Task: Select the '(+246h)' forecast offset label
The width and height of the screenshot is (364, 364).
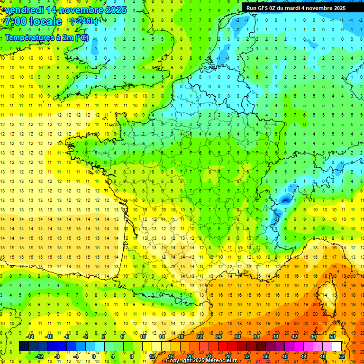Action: [84, 21]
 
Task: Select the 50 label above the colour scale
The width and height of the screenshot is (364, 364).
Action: [332, 337]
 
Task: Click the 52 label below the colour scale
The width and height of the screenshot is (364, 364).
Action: [342, 356]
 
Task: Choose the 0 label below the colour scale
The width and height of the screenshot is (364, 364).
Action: [94, 356]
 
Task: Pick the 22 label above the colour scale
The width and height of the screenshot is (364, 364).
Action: [200, 337]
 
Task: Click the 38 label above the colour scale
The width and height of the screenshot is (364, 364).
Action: [275, 337]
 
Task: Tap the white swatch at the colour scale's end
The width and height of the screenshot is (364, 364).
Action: [337, 346]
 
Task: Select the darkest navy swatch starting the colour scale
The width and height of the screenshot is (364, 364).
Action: [24, 346]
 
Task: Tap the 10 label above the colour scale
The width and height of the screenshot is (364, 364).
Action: [143, 337]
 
